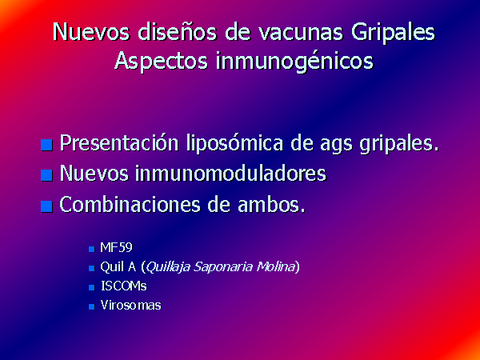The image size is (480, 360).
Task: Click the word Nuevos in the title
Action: pos(91,31)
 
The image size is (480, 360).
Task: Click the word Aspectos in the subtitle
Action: pos(161,61)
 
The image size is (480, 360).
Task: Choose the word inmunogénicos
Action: pos(294,61)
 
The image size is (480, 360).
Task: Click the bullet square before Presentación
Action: pos(46,145)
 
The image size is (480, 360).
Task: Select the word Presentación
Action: pos(119,143)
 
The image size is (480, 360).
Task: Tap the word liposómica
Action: pos(234,143)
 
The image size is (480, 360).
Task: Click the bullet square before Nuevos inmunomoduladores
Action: pos(46,175)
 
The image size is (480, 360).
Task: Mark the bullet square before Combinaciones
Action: pos(46,206)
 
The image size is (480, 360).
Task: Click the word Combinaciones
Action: pos(130,204)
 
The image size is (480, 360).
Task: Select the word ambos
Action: pos(271,204)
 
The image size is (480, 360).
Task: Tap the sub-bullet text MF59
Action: pos(116,247)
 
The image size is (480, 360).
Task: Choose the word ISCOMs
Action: pos(124,286)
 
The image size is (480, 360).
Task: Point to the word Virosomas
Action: pos(130,306)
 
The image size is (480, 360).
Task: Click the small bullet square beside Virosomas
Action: pos(91,306)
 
